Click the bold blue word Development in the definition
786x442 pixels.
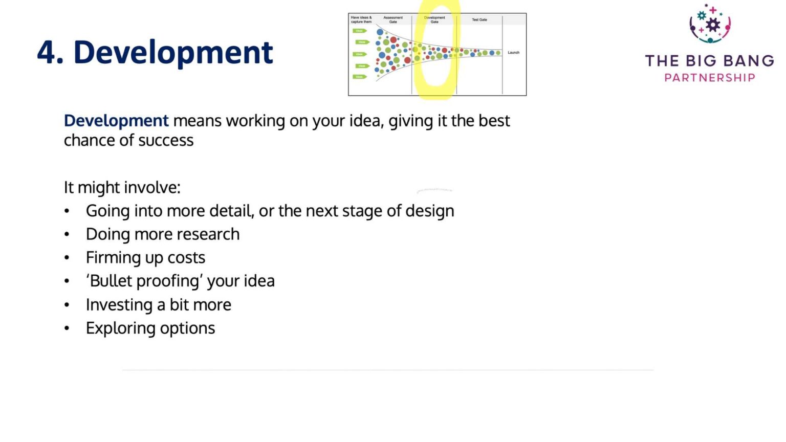116,121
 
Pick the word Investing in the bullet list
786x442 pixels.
119,305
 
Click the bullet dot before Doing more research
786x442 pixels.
67,234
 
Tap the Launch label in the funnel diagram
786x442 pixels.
513,53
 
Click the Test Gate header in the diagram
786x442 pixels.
479,20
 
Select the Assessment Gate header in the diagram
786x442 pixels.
393,19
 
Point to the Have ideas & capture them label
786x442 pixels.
361,19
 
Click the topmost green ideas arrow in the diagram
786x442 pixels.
360,31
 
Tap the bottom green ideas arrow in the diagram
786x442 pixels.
360,77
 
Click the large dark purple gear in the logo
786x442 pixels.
713,25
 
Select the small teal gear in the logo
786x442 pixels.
702,15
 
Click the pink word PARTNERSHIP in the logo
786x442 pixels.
709,78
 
